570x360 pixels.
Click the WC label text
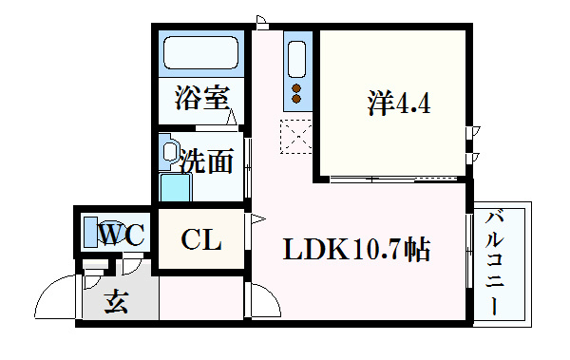click(122, 233)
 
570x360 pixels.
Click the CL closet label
click(201, 240)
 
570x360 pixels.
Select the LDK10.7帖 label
click(355, 250)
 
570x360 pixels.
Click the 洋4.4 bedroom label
click(399, 103)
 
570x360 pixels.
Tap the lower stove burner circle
click(296, 98)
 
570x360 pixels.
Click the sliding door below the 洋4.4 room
click(390, 177)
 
